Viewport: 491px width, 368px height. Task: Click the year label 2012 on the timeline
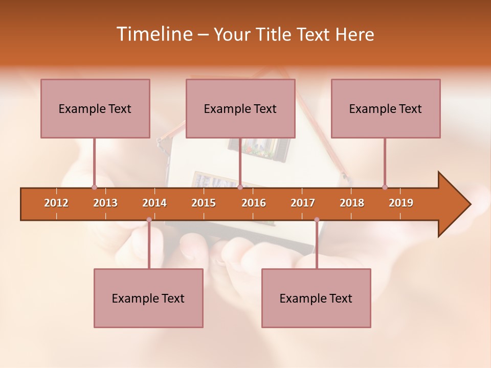tap(56, 203)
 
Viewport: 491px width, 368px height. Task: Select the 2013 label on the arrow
tap(105, 203)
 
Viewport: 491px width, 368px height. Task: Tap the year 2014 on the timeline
tap(154, 203)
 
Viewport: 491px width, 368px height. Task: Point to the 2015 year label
tap(204, 203)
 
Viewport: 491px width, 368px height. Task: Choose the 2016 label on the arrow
tap(254, 203)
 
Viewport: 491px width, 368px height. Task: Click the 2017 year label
tap(303, 203)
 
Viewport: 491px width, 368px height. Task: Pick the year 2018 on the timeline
tap(352, 203)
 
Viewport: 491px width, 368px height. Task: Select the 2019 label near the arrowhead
tap(401, 203)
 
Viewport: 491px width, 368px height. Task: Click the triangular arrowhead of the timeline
tap(453, 204)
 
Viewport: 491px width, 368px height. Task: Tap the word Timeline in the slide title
tap(153, 34)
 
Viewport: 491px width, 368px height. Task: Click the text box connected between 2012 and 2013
tap(95, 108)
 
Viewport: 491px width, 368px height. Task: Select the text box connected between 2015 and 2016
tap(240, 108)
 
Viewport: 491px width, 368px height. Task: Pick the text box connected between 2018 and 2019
tap(386, 108)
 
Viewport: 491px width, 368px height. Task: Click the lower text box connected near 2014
tap(148, 298)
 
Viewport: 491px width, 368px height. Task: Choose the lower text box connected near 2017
tap(316, 298)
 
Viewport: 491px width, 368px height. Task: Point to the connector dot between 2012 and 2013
tap(94, 188)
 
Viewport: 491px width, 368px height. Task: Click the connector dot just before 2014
tap(149, 220)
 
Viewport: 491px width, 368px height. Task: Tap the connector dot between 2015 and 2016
tap(240, 188)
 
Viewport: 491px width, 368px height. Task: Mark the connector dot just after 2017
tap(317, 220)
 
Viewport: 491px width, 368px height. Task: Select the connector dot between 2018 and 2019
tap(385, 188)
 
